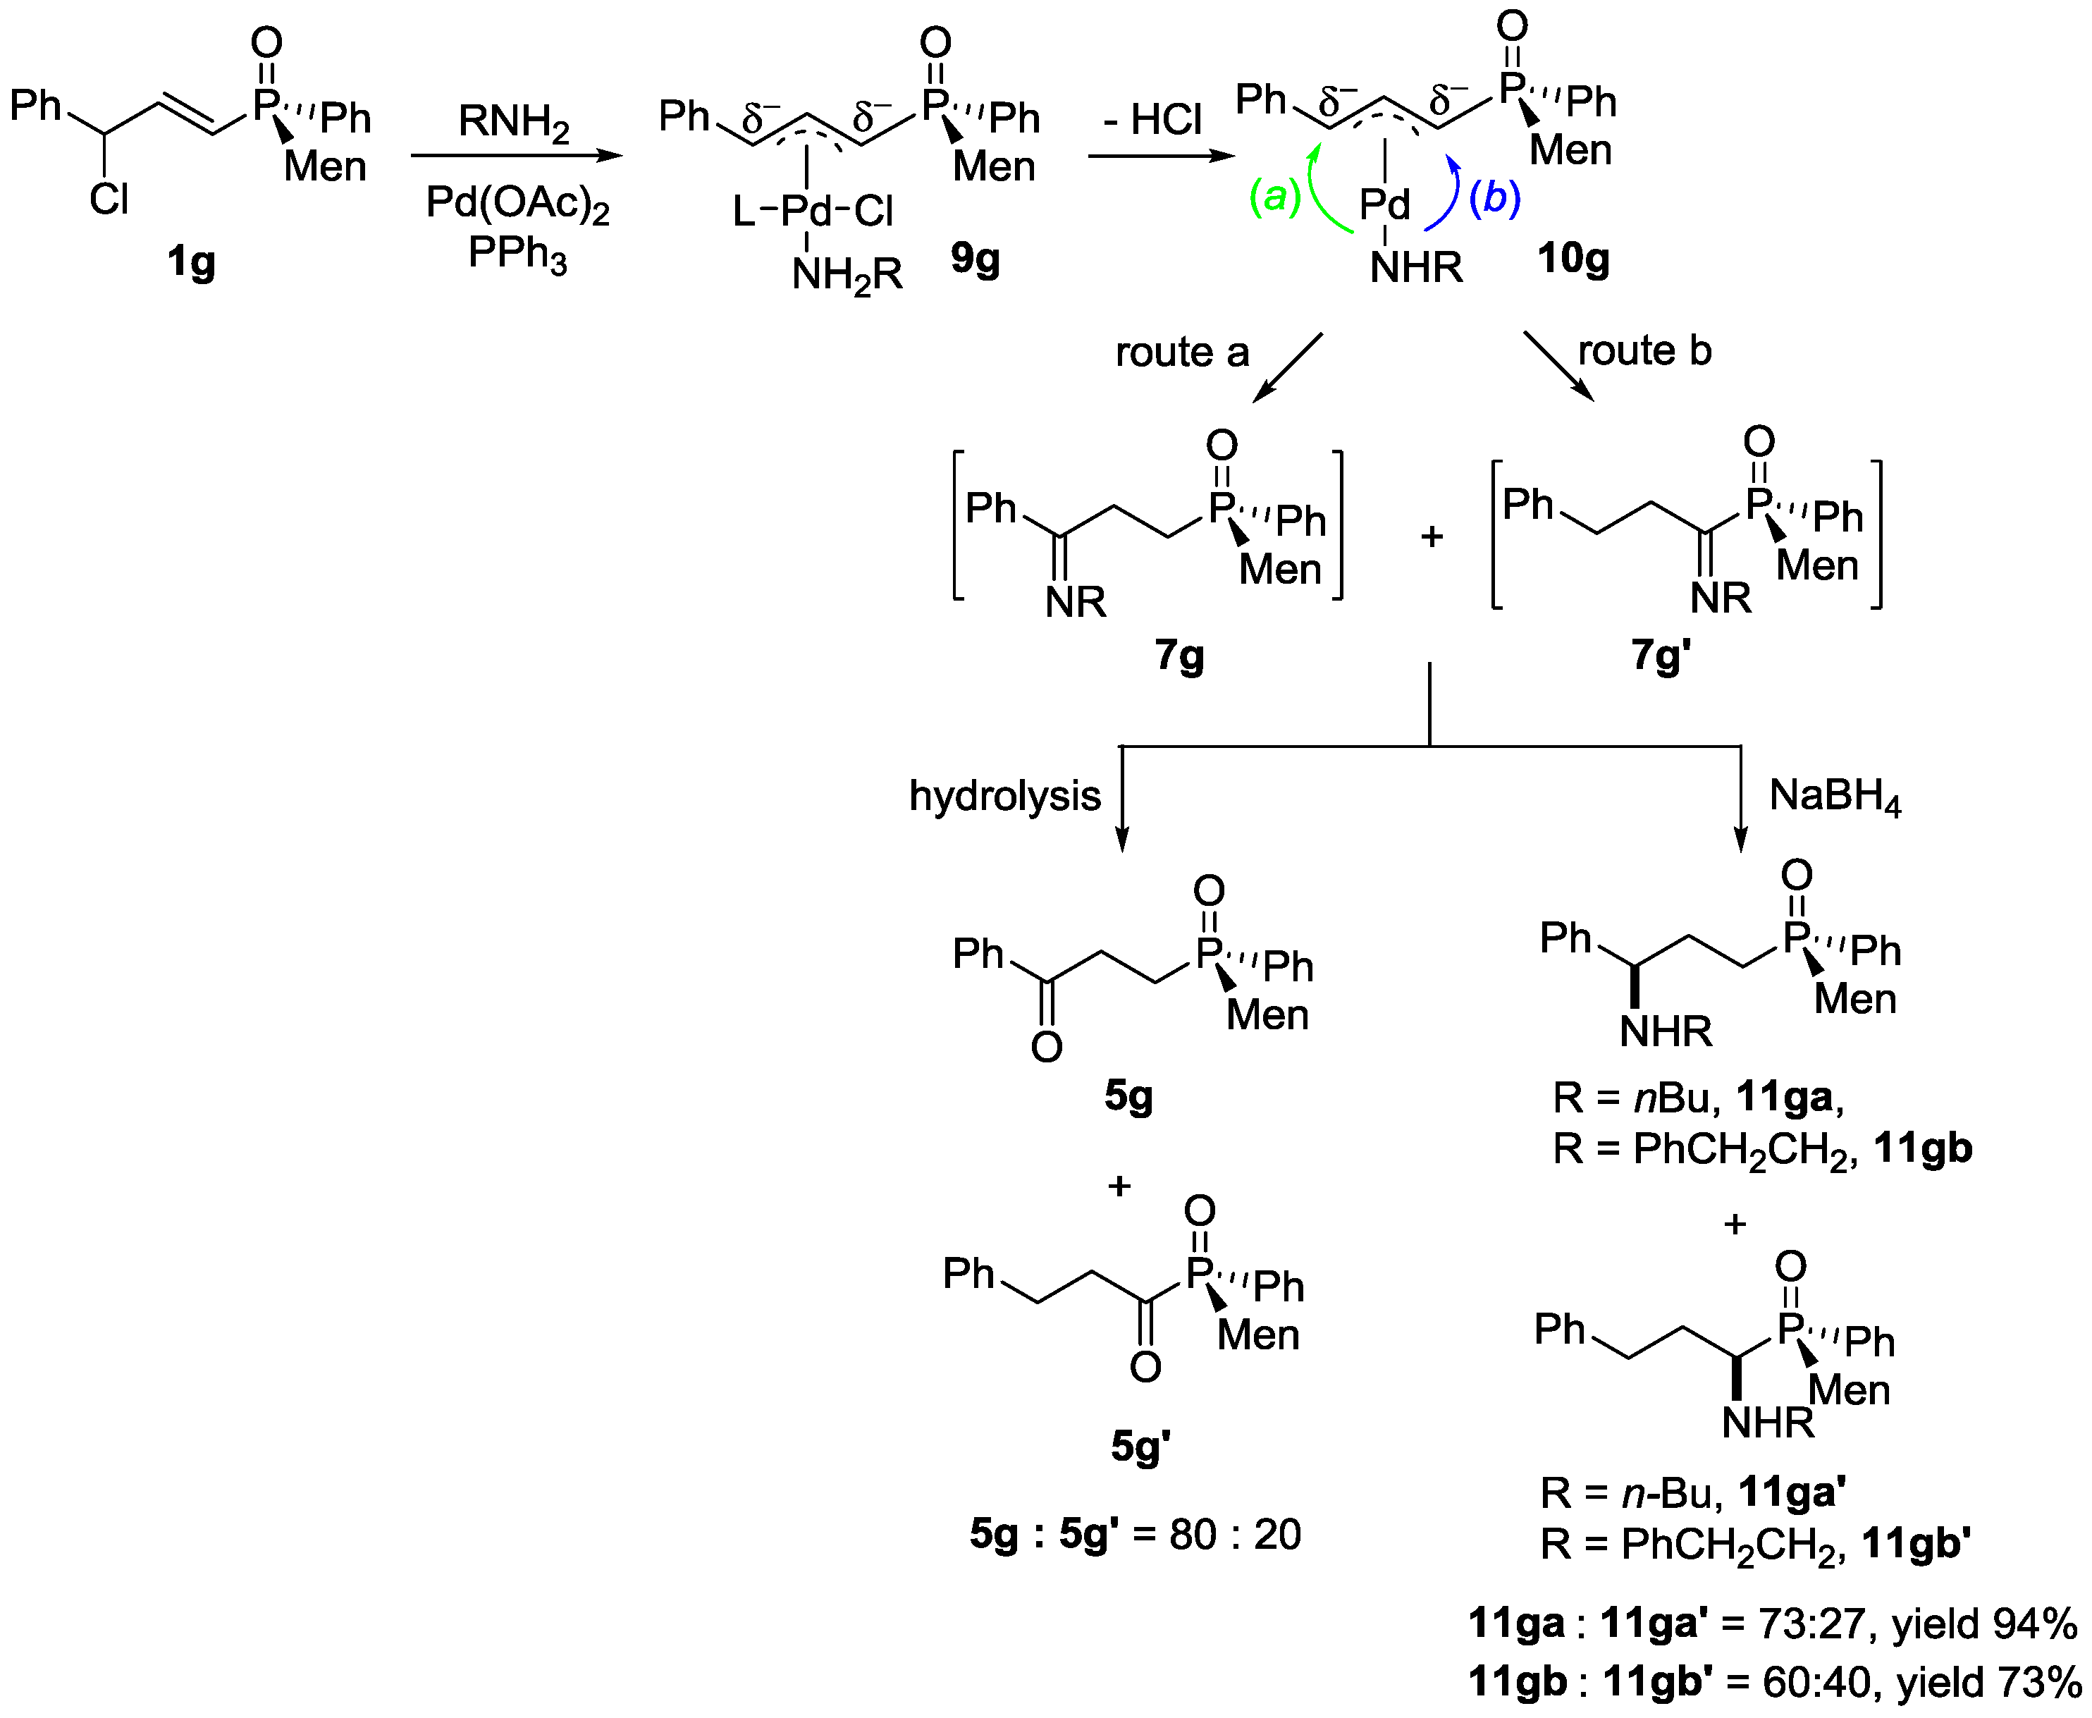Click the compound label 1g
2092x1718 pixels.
(x=191, y=263)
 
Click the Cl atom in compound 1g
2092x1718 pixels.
(x=109, y=200)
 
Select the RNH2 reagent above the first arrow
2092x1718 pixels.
(x=514, y=123)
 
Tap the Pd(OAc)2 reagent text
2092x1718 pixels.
(x=517, y=204)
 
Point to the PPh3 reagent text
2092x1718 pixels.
(x=517, y=255)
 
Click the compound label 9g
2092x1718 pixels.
(x=975, y=259)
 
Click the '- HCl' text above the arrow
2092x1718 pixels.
(x=1153, y=121)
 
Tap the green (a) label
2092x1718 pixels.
(x=1274, y=198)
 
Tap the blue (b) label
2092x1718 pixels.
(x=1494, y=198)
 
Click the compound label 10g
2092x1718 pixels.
(x=1573, y=259)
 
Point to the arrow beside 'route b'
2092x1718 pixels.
(x=1558, y=366)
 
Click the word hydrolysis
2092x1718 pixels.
(x=1004, y=796)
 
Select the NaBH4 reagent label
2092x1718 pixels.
(x=1835, y=796)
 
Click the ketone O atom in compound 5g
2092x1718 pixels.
(x=1046, y=1047)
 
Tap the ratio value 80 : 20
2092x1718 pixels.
(x=1234, y=1535)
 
